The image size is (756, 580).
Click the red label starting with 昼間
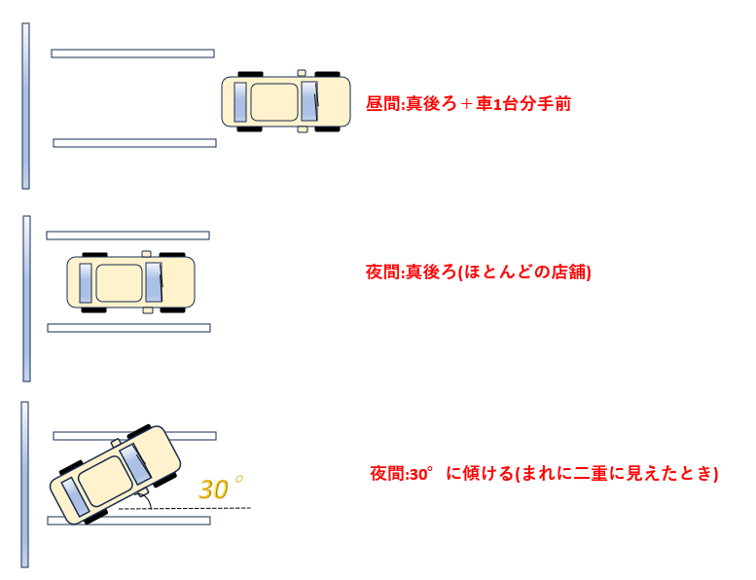(468, 104)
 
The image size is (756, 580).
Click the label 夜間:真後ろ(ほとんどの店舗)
(479, 272)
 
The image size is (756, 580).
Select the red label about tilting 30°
(544, 474)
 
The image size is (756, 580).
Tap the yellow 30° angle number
(221, 488)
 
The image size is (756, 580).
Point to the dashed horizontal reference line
(185, 508)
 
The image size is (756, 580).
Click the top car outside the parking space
(286, 101)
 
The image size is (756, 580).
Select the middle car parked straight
(130, 282)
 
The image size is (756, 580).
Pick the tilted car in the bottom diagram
(115, 475)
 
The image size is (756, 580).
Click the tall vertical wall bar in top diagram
(25, 106)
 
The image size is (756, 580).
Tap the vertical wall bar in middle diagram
(26, 299)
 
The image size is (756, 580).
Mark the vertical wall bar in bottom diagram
(24, 485)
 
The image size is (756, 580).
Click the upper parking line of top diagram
(132, 54)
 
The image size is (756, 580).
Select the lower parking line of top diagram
(134, 143)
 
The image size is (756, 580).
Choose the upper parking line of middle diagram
(127, 236)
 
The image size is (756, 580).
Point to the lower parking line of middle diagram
(128, 328)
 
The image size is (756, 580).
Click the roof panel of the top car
(274, 102)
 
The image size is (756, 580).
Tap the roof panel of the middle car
(119, 282)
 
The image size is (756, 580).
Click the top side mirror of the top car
(302, 73)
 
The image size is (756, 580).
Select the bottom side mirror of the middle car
(148, 310)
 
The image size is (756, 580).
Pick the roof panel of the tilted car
(102, 481)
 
